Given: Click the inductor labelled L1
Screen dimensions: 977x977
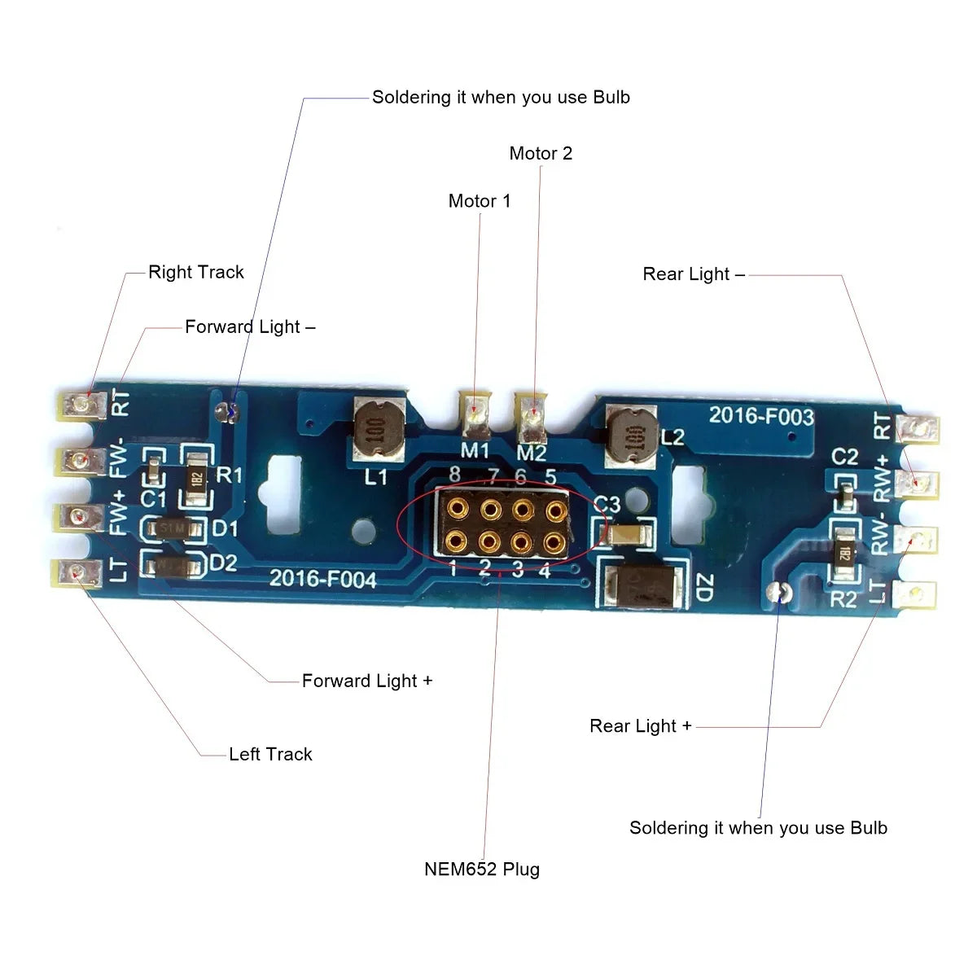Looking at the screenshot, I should (x=379, y=428).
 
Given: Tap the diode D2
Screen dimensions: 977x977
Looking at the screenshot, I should (x=174, y=563).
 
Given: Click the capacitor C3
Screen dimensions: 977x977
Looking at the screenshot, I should (x=627, y=533).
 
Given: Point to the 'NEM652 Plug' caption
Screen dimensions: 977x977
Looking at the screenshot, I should (x=482, y=869).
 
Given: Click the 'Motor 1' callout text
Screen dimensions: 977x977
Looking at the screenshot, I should (x=480, y=200).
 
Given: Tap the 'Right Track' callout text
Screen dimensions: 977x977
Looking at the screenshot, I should (x=195, y=272).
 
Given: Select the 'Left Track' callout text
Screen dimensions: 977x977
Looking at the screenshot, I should (x=270, y=754).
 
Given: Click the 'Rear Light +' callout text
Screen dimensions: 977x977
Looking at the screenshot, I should (x=640, y=725).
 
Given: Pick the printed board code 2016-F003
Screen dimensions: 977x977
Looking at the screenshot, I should (x=760, y=416).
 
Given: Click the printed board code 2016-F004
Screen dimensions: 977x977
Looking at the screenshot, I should (x=323, y=579).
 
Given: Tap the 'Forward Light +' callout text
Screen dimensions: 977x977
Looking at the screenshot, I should (x=366, y=681).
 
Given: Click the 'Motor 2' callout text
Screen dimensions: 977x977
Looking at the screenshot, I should (x=541, y=153).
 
